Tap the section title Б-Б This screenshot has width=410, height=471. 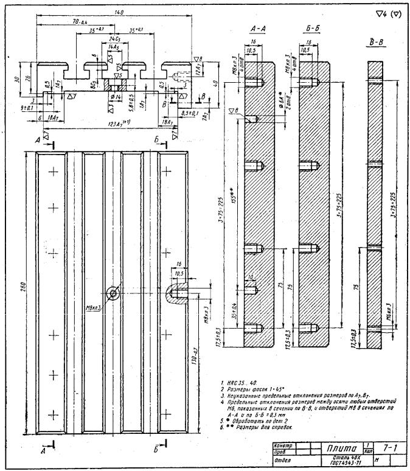tap(311, 29)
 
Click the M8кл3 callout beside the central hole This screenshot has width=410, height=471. tap(95, 304)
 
